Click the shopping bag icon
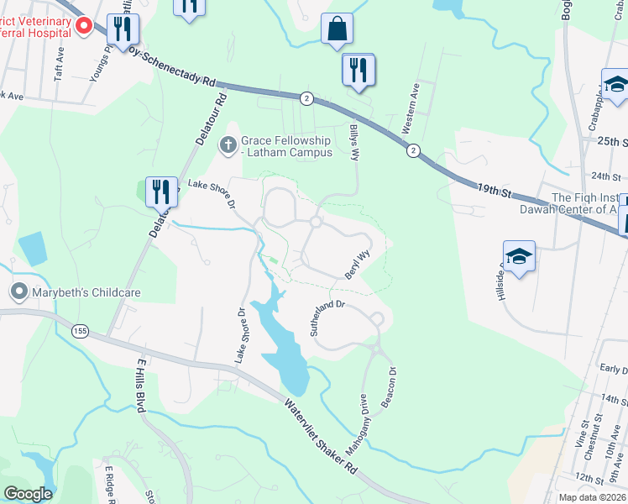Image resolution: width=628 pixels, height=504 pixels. click(x=337, y=29)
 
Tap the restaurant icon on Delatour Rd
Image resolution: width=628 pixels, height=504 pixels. click(x=160, y=192)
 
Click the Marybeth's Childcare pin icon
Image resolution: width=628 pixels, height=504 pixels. click(x=18, y=292)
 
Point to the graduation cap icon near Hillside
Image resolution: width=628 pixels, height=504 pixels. click(x=519, y=256)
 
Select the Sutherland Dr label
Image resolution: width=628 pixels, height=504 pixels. click(x=327, y=318)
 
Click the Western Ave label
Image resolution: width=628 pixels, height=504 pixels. click(x=411, y=108)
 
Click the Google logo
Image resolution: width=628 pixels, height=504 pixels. click(x=28, y=494)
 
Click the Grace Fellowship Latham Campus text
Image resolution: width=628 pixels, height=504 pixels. click(x=287, y=146)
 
